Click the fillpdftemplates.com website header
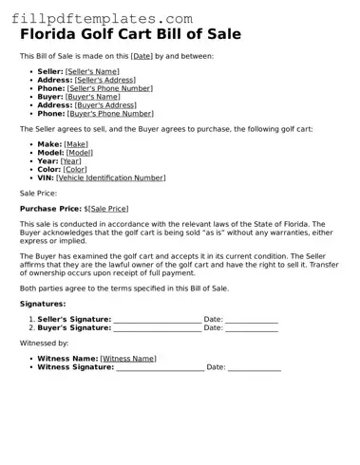pyautogui.click(x=98, y=18)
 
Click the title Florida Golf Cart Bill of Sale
pyautogui.click(x=130, y=34)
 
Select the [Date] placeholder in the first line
pyautogui.click(x=142, y=56)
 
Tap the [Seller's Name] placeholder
pyautogui.click(x=92, y=71)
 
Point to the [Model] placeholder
pyautogui.click(x=80, y=152)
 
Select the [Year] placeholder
pyautogui.click(x=71, y=160)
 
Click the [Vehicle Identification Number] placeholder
pyautogui.click(x=110, y=177)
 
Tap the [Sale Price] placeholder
pyautogui.click(x=108, y=208)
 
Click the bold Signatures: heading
pyautogui.click(x=44, y=304)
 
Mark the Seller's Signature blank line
pyautogui.click(x=157, y=320)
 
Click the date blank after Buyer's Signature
pyautogui.click(x=252, y=328)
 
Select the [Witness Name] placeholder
pyautogui.click(x=128, y=359)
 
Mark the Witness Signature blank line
pyautogui.click(x=160, y=367)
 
